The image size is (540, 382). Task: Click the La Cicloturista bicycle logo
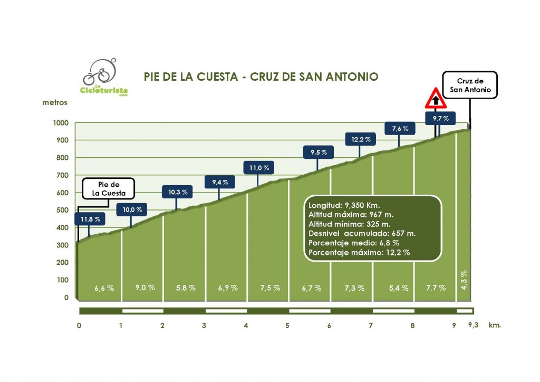click(104, 78)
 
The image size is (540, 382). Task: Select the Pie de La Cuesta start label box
click(109, 188)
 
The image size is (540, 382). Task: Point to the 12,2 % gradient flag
click(361, 139)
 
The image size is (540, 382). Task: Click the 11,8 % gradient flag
click(90, 218)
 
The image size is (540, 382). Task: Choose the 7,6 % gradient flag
click(400, 129)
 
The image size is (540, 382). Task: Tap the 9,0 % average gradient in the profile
click(145, 288)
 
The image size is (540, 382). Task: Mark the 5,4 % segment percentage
click(399, 288)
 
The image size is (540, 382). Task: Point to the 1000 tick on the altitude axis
click(61, 123)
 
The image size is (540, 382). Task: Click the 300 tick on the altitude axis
click(62, 245)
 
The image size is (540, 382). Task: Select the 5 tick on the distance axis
click(287, 326)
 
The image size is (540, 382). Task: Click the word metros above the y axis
click(55, 102)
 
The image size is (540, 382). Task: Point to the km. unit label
click(494, 325)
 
